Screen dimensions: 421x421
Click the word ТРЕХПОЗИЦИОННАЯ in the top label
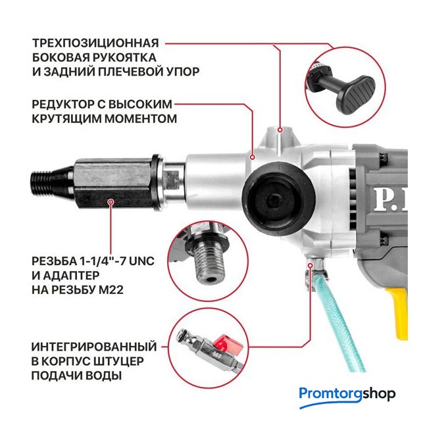point(95,43)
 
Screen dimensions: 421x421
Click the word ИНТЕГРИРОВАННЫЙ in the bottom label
point(94,347)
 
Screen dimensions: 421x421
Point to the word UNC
point(141,261)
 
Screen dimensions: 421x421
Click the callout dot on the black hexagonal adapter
point(111,201)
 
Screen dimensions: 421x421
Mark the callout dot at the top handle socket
point(280,130)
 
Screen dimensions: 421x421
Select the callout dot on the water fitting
point(310,266)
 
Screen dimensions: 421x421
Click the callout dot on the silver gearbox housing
point(252,157)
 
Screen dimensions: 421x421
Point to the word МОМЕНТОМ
point(140,118)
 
